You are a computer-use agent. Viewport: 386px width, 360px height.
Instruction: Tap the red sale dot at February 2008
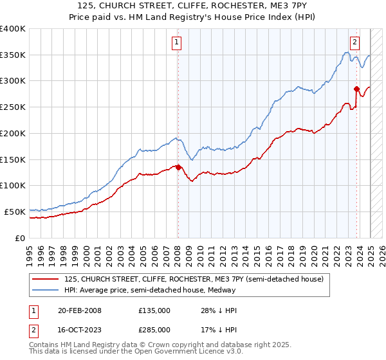click(x=178, y=168)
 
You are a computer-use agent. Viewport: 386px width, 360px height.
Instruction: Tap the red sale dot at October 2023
click(x=356, y=89)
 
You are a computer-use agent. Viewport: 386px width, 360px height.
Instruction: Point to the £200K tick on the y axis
click(x=14, y=133)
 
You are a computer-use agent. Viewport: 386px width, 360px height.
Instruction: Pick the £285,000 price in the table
click(x=154, y=329)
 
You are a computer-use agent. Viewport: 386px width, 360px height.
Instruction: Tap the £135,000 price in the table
click(x=154, y=310)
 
